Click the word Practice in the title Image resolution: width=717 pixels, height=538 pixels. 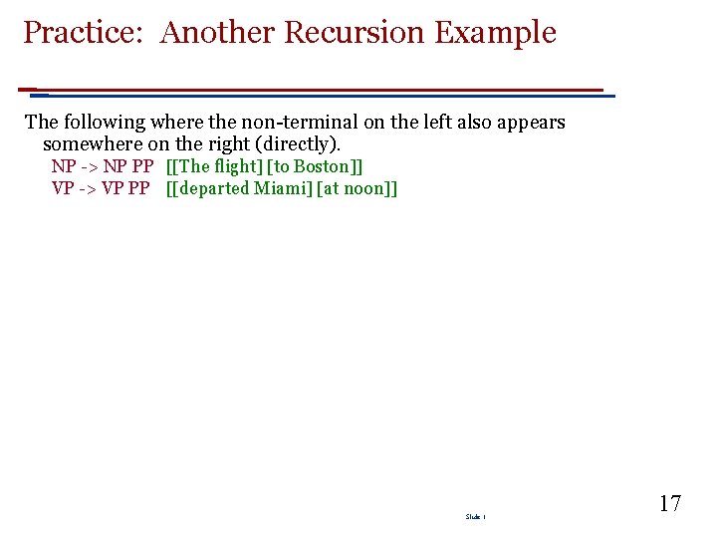pyautogui.click(x=85, y=33)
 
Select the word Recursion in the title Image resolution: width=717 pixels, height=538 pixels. pyautogui.click(x=355, y=33)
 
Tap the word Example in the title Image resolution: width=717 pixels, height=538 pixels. pyautogui.click(x=495, y=33)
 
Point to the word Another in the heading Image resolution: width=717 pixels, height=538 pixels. pyautogui.click(x=218, y=33)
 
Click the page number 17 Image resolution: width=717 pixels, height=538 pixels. pyautogui.click(x=669, y=503)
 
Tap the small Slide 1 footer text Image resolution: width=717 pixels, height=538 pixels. pyautogui.click(x=474, y=517)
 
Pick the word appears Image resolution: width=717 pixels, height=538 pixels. pyautogui.click(x=532, y=123)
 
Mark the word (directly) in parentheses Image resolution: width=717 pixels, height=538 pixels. pyautogui.click(x=298, y=144)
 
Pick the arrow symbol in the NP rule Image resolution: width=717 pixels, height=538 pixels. pyautogui.click(x=89, y=166)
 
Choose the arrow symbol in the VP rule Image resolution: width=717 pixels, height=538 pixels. pyautogui.click(x=88, y=188)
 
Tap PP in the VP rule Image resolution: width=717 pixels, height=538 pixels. pyautogui.click(x=138, y=188)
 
